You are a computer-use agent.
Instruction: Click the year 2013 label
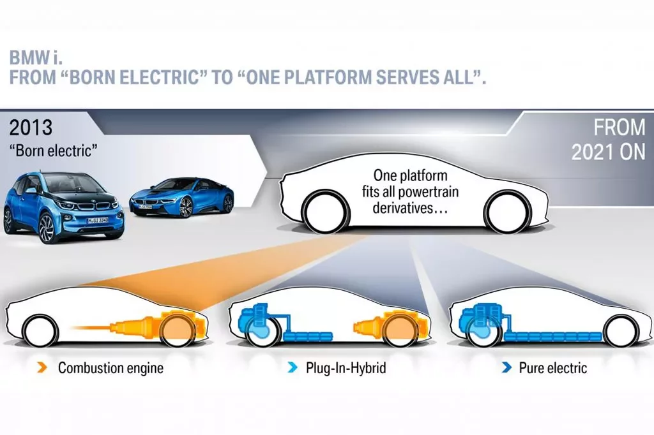click(x=31, y=128)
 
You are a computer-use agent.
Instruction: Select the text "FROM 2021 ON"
click(x=608, y=140)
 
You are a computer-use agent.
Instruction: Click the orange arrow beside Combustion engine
click(x=42, y=368)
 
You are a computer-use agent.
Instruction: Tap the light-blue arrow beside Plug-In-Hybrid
click(x=293, y=368)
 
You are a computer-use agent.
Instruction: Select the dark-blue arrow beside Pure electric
click(x=506, y=368)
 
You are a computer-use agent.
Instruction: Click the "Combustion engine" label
click(x=110, y=368)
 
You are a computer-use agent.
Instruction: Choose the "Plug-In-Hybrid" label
click(x=346, y=368)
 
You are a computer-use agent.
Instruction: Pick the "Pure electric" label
click(x=552, y=368)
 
